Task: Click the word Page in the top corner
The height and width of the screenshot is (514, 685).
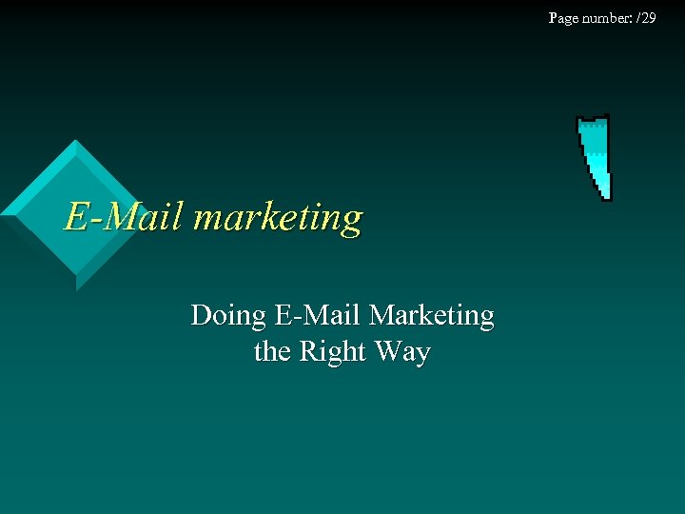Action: [563, 18]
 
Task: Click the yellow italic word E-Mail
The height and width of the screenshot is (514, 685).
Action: [124, 217]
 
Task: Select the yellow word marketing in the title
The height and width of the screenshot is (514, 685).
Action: [277, 219]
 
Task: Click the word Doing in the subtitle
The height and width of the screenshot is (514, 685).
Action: [227, 316]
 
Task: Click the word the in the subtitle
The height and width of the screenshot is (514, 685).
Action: [272, 352]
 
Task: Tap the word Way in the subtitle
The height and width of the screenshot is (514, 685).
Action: [402, 353]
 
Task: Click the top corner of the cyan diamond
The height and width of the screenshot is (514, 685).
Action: [74, 141]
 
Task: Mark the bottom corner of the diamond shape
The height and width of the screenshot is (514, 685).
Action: [76, 288]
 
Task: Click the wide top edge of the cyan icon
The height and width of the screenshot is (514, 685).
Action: [593, 119]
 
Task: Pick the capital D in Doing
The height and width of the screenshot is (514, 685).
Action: [201, 315]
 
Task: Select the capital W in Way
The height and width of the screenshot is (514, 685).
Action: [389, 352]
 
